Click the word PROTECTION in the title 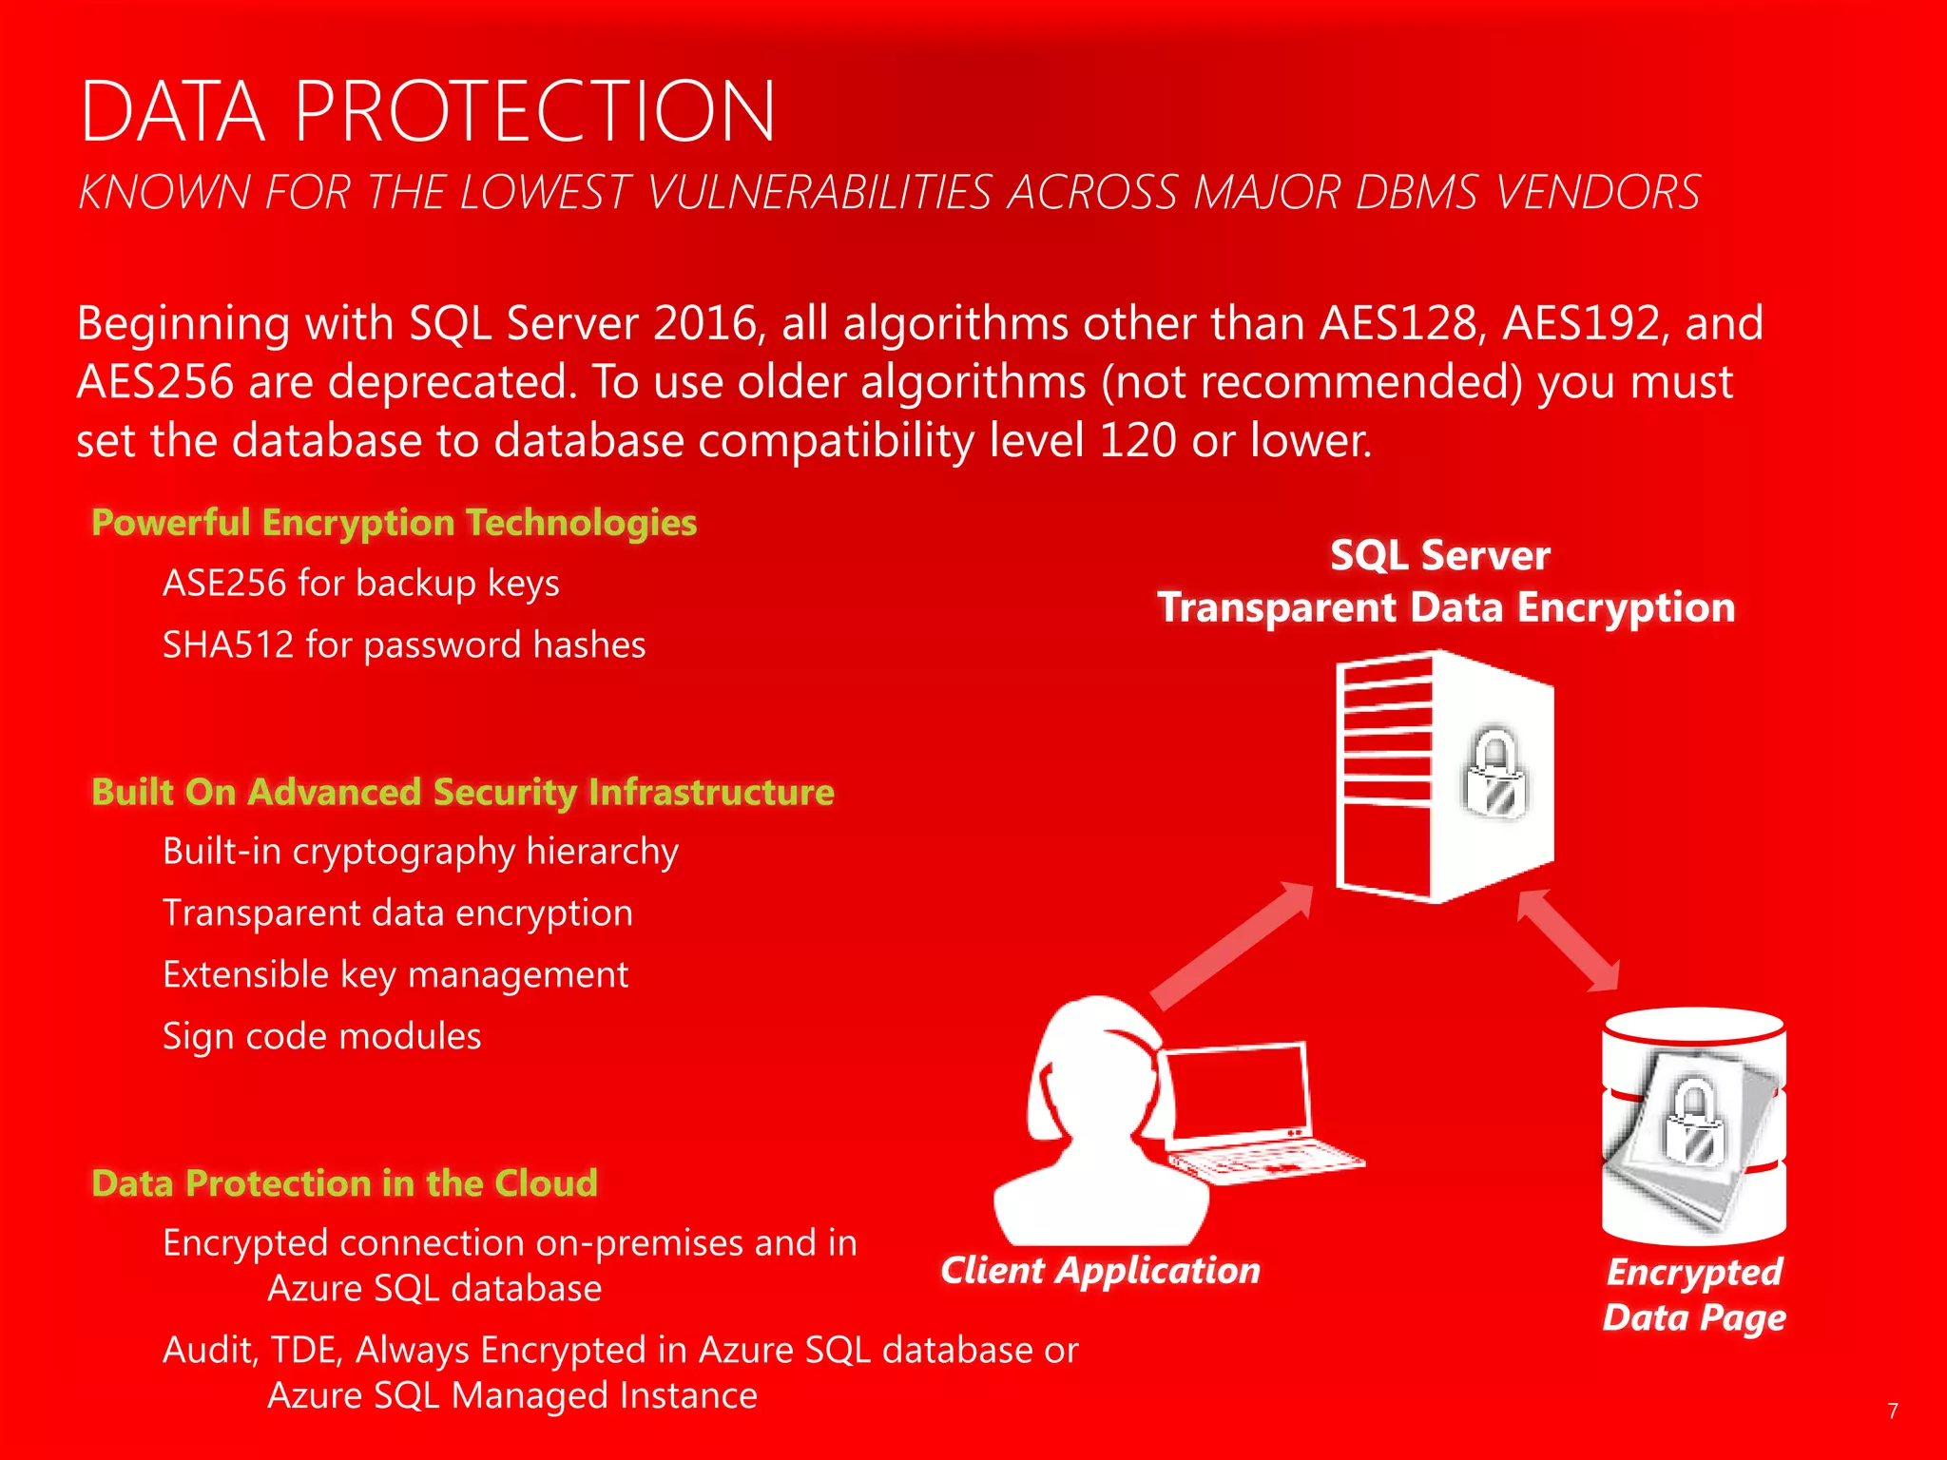(x=535, y=112)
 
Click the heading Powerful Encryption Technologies (x=394, y=523)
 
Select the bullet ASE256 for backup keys (x=360, y=583)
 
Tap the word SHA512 (x=228, y=645)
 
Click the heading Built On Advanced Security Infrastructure (x=462, y=792)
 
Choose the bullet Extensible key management (x=395, y=975)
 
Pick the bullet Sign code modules (x=321, y=1036)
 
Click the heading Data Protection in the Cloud (x=344, y=1183)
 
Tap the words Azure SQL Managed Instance (x=512, y=1395)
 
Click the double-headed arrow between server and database (x=1568, y=940)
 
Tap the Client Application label (x=1100, y=1271)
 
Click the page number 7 (x=1892, y=1412)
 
